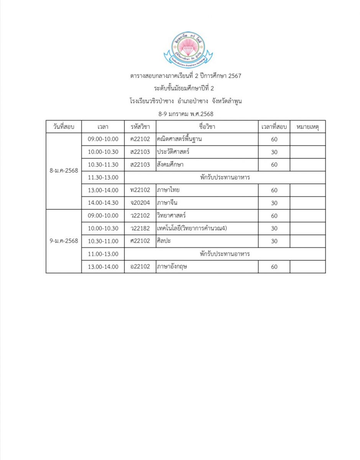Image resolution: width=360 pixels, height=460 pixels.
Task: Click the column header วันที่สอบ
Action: [64, 127]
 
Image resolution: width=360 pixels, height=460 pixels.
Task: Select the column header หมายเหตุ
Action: [307, 127]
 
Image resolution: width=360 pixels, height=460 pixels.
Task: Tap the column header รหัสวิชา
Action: [140, 127]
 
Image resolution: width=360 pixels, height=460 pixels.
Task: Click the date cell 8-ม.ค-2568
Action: [64, 171]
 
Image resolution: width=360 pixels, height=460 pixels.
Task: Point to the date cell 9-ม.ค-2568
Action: [64, 241]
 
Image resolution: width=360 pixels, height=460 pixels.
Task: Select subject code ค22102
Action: [140, 139]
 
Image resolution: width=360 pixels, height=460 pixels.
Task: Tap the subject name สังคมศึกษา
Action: [170, 164]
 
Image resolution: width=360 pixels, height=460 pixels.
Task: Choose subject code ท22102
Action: [140, 190]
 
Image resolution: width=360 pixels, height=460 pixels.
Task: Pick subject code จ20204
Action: [140, 203]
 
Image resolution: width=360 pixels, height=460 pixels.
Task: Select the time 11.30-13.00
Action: [103, 177]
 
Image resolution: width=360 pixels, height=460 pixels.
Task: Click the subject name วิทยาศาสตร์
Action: [171, 215]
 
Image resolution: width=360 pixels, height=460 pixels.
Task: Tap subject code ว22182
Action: [140, 228]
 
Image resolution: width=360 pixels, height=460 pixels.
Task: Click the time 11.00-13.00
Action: [103, 254]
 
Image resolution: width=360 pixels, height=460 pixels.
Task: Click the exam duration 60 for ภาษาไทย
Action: [274, 190]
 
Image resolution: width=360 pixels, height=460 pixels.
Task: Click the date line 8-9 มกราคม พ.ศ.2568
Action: [186, 114]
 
